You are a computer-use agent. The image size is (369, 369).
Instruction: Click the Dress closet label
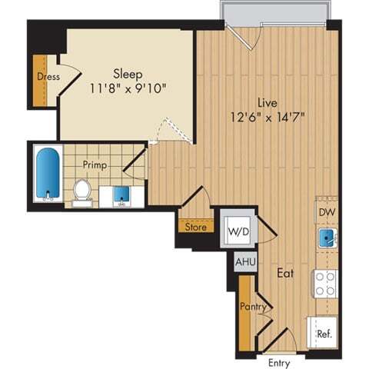click(x=48, y=77)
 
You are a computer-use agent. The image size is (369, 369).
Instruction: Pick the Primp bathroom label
click(x=95, y=165)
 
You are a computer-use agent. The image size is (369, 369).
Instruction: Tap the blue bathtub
click(x=48, y=175)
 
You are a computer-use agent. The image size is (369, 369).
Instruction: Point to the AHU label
click(x=245, y=261)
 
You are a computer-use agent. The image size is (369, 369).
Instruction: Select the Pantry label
click(x=253, y=307)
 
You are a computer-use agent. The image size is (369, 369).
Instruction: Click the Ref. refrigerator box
click(x=324, y=333)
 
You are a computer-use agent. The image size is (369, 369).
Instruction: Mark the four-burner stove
click(x=324, y=284)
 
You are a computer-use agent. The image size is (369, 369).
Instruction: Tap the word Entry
click(x=278, y=362)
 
